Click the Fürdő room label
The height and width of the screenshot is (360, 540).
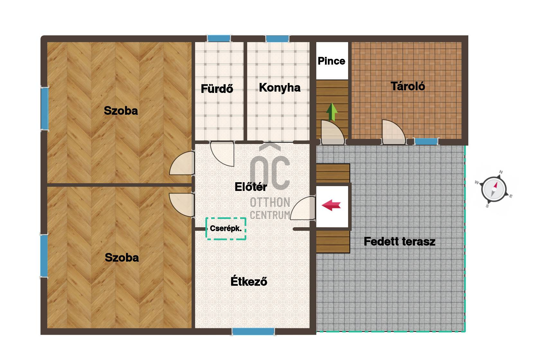point(217,89)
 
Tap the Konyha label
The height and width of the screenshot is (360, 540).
point(280,88)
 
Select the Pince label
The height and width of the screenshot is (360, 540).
point(331,61)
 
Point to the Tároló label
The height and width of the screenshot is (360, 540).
point(408,86)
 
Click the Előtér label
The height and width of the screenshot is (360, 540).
point(251,187)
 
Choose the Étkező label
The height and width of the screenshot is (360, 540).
point(249,281)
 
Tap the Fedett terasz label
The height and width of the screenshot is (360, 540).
point(400,241)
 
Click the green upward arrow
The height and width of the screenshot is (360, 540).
point(332,112)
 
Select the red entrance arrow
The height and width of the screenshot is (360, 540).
point(331,205)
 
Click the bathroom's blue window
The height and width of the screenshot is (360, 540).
point(219,38)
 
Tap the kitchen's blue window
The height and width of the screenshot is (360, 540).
point(277,38)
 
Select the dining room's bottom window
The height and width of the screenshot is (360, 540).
point(253,331)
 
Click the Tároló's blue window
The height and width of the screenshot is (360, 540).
point(426,141)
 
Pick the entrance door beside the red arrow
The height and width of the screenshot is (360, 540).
point(303,208)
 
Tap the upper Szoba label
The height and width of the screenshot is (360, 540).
point(121,111)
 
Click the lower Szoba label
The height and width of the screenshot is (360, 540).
point(122,257)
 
